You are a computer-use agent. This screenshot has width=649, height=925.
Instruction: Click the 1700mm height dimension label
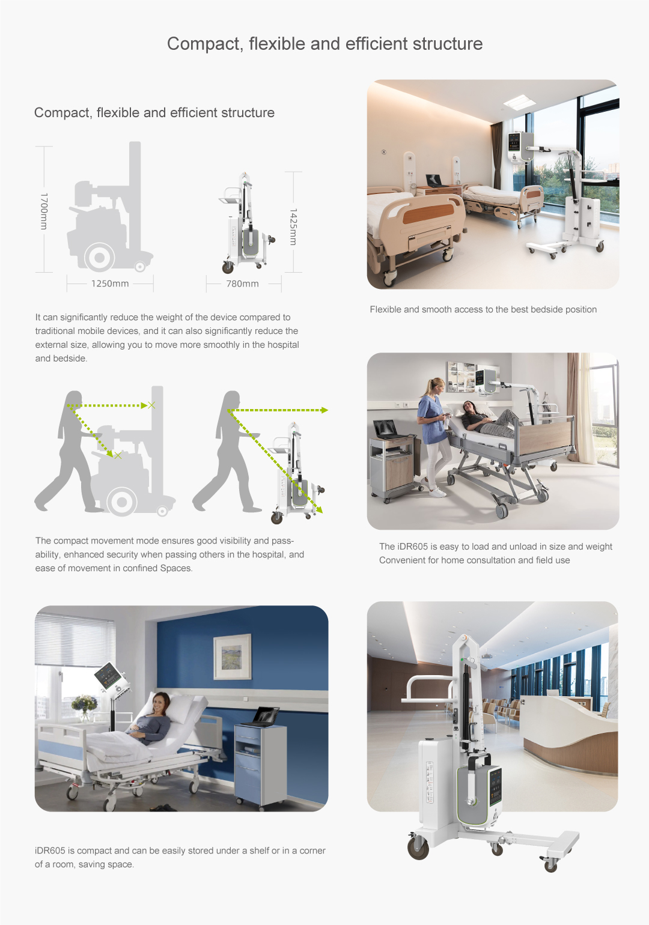tap(44, 211)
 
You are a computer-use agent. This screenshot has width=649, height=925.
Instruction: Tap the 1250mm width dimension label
tap(110, 284)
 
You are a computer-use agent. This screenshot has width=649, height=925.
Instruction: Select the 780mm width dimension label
tap(243, 284)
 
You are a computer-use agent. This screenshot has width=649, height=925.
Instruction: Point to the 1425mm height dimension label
tap(293, 226)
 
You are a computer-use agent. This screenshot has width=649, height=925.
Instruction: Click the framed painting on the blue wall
tap(232, 656)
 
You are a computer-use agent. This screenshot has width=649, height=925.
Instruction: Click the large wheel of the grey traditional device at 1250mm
tap(99, 257)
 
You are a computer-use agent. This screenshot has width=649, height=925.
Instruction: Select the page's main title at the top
tap(324, 44)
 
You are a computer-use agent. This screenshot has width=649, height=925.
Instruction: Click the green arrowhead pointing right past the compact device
tap(324, 410)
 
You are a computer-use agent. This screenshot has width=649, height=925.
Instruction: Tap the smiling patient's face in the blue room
tap(160, 702)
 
